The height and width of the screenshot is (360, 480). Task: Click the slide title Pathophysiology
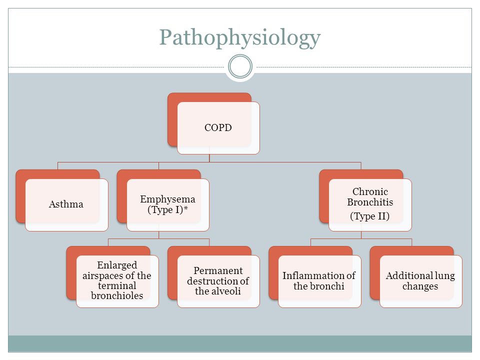tap(240, 38)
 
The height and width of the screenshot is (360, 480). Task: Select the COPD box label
tap(218, 127)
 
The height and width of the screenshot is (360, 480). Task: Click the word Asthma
tap(66, 204)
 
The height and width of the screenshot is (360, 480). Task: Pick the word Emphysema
tap(168, 199)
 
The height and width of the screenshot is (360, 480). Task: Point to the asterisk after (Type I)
tap(185, 208)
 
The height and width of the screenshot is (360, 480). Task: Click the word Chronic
tap(370, 191)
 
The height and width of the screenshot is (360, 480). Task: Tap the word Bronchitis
tap(370, 202)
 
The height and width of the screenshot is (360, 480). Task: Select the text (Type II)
tap(370, 216)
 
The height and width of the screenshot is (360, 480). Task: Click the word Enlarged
tap(117, 265)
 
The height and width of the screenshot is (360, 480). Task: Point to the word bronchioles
tap(117, 295)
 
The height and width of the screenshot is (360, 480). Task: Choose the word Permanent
tap(218, 270)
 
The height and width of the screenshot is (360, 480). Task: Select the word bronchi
tap(329, 286)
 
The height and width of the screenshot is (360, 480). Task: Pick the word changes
tap(420, 286)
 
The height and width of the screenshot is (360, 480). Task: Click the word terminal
tap(117, 285)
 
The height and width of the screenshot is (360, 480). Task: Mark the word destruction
tap(212, 280)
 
